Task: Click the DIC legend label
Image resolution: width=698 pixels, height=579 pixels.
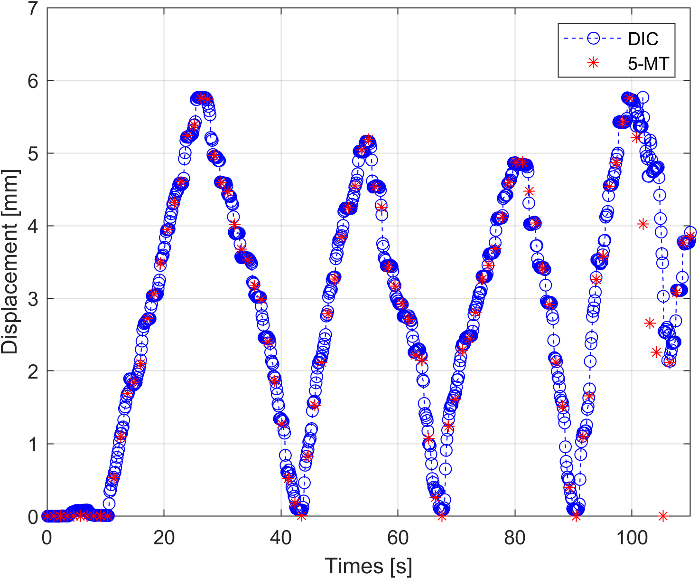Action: pyautogui.click(x=643, y=39)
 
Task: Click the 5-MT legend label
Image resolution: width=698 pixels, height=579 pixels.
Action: pyautogui.click(x=648, y=63)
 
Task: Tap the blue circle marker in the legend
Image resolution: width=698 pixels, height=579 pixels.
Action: pyautogui.click(x=593, y=39)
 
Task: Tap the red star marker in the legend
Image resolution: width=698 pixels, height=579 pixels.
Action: pyautogui.click(x=593, y=63)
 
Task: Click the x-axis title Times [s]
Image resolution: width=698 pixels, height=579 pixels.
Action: pyautogui.click(x=368, y=566)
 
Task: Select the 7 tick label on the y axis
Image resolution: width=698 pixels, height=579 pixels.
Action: pyautogui.click(x=33, y=9)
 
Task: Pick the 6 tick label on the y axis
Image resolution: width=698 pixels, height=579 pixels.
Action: pyautogui.click(x=33, y=81)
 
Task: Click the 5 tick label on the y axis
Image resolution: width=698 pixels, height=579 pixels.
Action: pyautogui.click(x=33, y=154)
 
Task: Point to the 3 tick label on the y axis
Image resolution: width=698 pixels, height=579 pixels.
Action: pyautogui.click(x=33, y=299)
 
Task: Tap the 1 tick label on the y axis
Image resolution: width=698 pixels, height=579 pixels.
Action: pyautogui.click(x=33, y=445)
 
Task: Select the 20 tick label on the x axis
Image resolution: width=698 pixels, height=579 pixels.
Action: pyautogui.click(x=164, y=538)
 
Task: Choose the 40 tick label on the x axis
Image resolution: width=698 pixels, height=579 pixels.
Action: pyautogui.click(x=280, y=538)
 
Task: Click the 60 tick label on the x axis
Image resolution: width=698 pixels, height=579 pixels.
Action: pyautogui.click(x=398, y=538)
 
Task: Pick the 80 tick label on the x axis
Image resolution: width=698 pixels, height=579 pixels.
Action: pyautogui.click(x=514, y=538)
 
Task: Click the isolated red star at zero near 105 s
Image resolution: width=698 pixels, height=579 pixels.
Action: pyautogui.click(x=663, y=516)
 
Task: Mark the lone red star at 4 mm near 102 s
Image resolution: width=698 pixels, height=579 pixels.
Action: pyautogui.click(x=643, y=224)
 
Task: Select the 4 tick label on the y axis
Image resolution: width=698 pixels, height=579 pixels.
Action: pyautogui.click(x=33, y=227)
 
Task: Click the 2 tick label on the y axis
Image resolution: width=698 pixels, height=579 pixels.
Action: pyautogui.click(x=33, y=372)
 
